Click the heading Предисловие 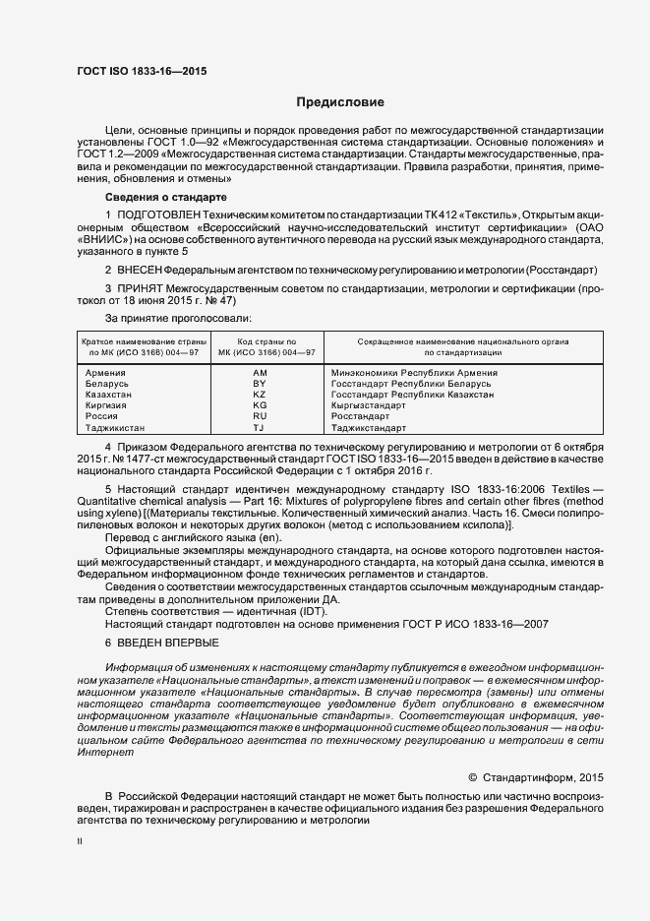click(x=340, y=102)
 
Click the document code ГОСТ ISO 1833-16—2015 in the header click(x=142, y=72)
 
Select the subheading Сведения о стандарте click(x=166, y=198)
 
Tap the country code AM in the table click(x=260, y=374)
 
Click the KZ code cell click(x=260, y=396)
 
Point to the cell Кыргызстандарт click(x=369, y=406)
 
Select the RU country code click(x=260, y=417)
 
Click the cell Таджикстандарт click(x=369, y=429)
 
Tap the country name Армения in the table click(x=105, y=374)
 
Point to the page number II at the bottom click(x=81, y=843)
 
